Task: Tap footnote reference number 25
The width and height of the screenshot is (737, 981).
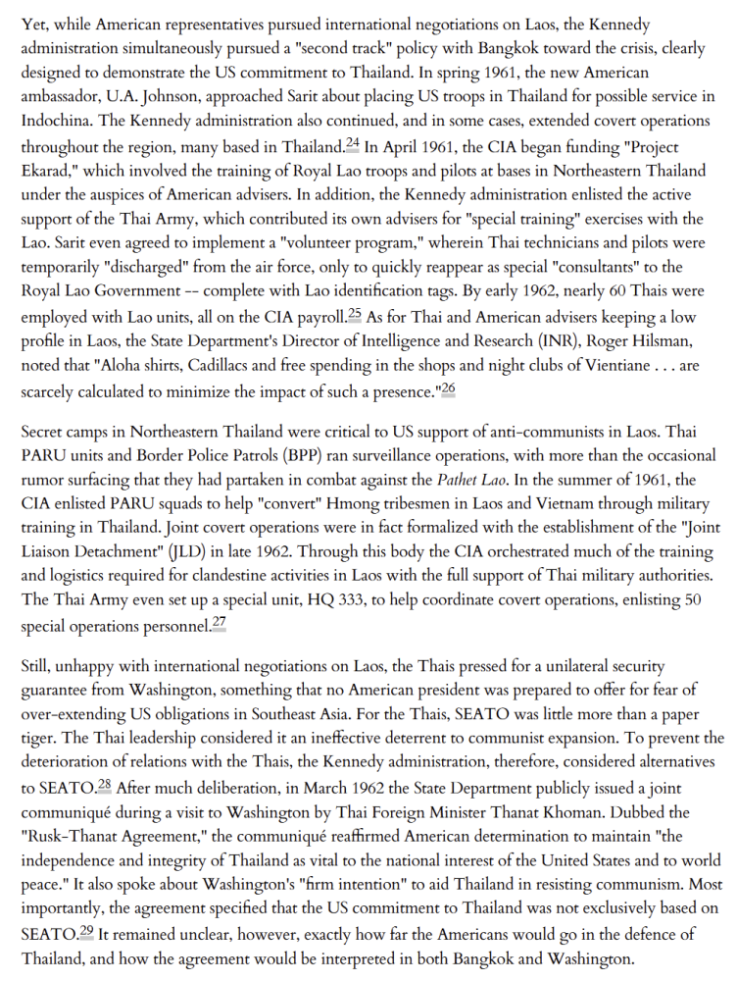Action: click(356, 314)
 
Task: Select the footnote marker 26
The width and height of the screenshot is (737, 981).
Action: click(448, 387)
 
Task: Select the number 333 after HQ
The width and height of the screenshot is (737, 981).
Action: click(304, 599)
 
